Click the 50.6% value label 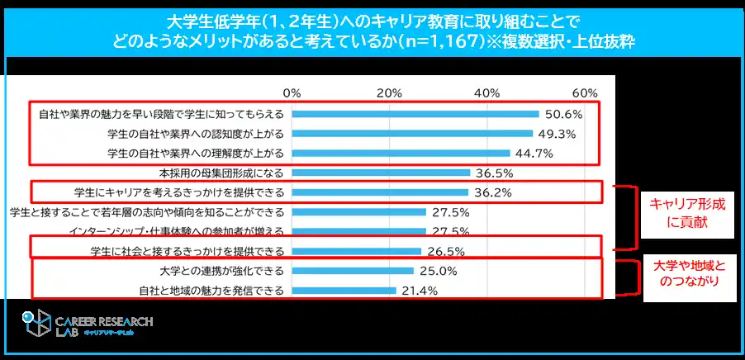(x=562, y=114)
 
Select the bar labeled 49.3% (x=412, y=133)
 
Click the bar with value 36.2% (x=380, y=192)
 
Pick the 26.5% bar (x=356, y=251)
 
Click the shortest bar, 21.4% (x=344, y=290)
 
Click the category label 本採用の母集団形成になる (x=221, y=173)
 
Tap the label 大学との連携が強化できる (x=221, y=271)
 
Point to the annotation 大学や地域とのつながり (x=686, y=274)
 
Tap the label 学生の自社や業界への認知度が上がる (x=197, y=133)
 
